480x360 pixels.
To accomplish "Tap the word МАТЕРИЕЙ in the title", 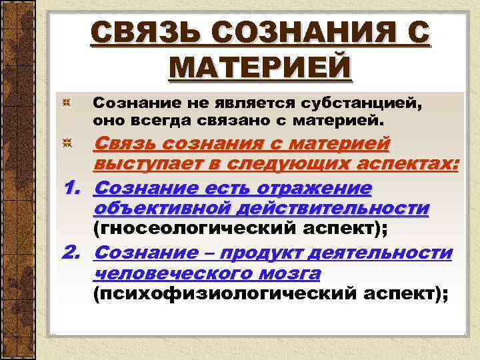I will (x=261, y=67).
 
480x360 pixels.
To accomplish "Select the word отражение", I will (x=297, y=188).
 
